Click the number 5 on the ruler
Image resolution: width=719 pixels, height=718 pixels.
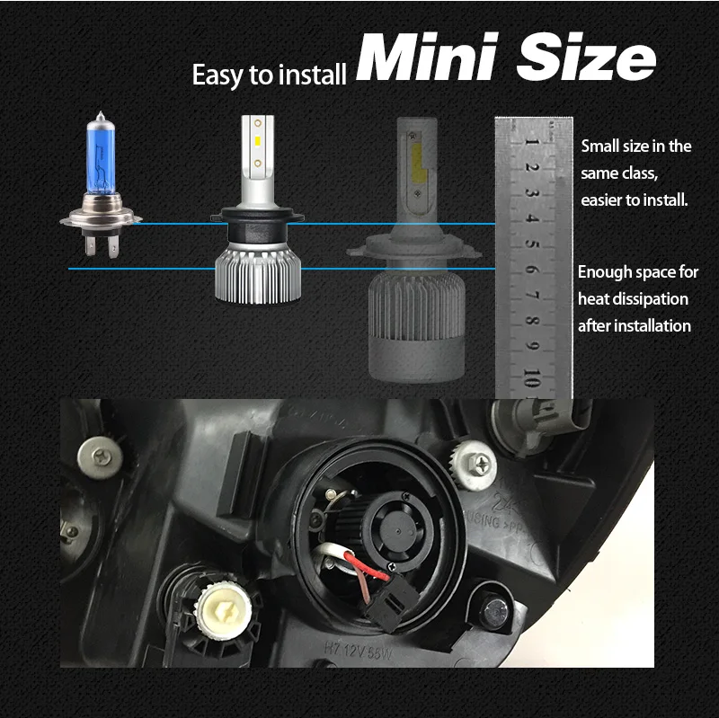click(533, 244)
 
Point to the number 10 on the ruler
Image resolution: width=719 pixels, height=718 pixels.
click(532, 376)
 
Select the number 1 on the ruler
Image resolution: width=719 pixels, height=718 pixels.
click(532, 141)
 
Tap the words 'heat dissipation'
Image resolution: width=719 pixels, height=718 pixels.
click(633, 298)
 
